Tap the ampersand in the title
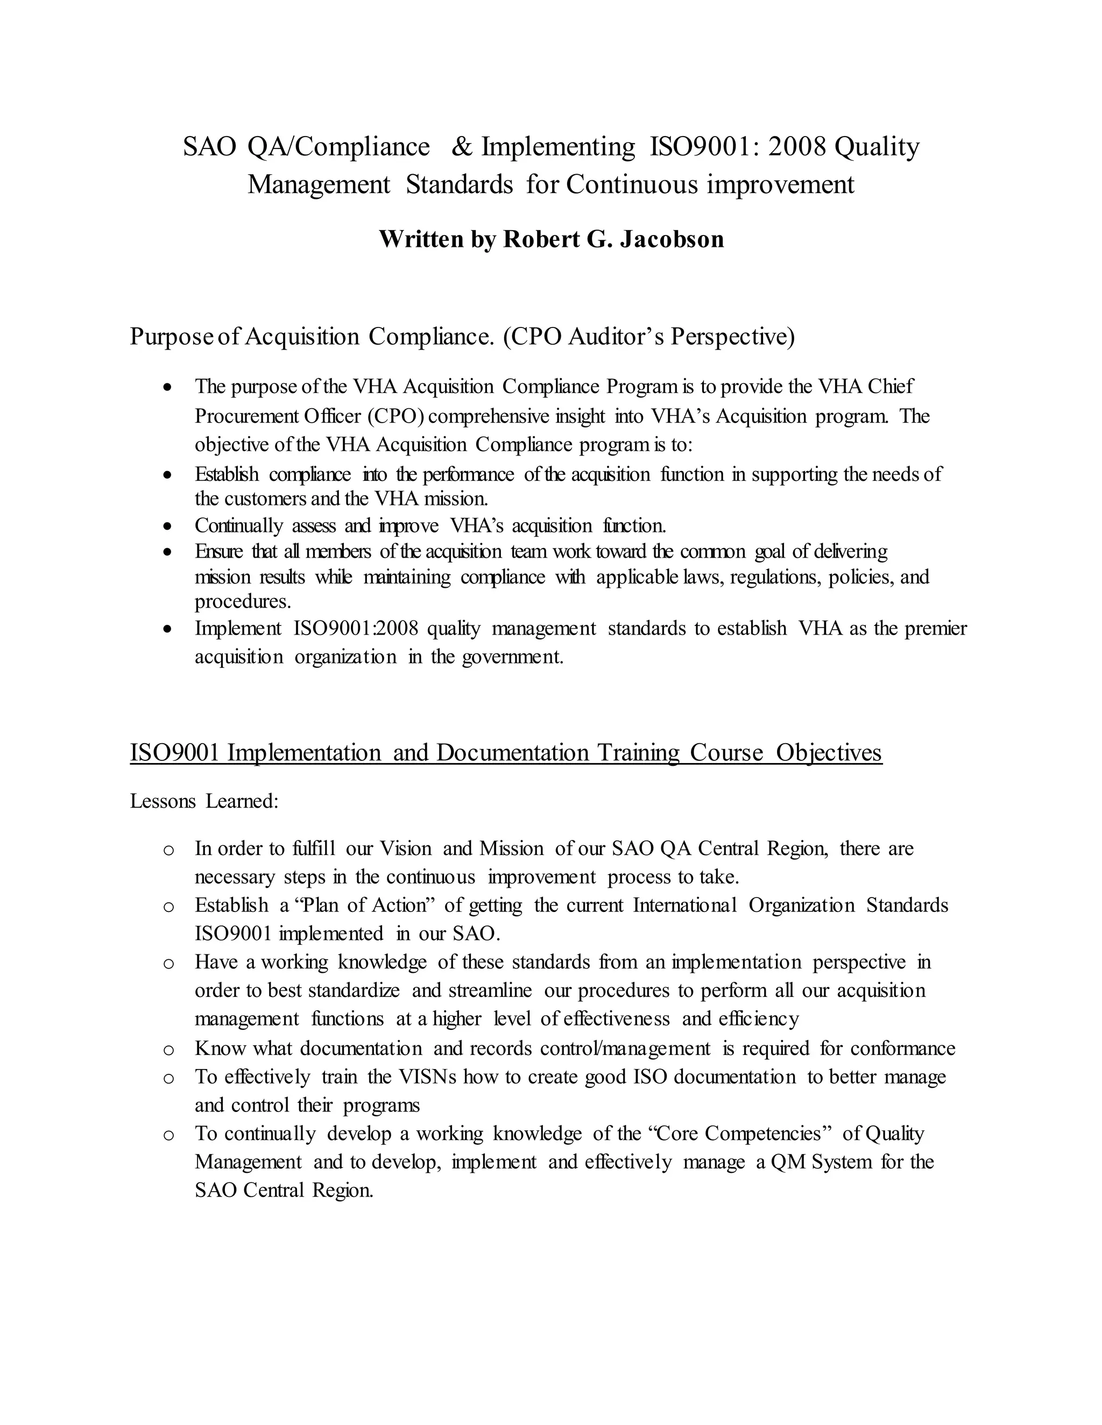[x=461, y=147]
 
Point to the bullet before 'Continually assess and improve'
[x=168, y=526]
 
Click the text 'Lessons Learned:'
[x=204, y=801]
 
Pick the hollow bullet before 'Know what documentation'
[x=168, y=1050]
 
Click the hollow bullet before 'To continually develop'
[x=168, y=1135]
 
